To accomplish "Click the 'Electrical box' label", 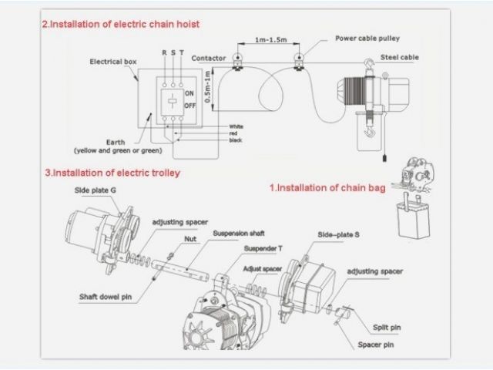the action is [113, 62].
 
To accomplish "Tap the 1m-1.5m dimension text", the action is [271, 39].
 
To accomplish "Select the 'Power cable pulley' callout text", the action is [367, 39].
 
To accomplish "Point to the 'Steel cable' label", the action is [400, 57].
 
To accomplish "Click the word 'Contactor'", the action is [209, 59].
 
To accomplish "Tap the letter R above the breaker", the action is [164, 52].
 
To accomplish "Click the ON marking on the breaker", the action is [189, 93].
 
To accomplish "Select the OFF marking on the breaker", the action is [190, 106].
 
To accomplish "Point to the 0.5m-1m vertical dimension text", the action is [207, 87].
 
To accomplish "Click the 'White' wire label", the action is [236, 126].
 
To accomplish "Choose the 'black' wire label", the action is [236, 140].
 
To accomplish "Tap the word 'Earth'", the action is [116, 142].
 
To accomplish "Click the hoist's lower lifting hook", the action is [370, 131].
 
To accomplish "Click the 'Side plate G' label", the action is [96, 190].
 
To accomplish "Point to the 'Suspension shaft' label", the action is [239, 234].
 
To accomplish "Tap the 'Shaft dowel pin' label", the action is [106, 297].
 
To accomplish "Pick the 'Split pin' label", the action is [387, 328].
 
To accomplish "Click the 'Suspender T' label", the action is [263, 248].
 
